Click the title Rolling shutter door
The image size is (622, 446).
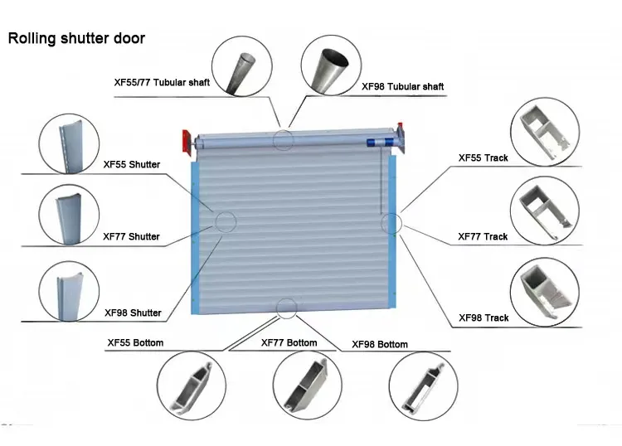(76, 38)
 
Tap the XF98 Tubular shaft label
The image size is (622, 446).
(404, 85)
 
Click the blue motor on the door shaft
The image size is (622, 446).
(377, 142)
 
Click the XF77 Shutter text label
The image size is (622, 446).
(132, 237)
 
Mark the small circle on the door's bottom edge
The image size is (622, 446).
(287, 308)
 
